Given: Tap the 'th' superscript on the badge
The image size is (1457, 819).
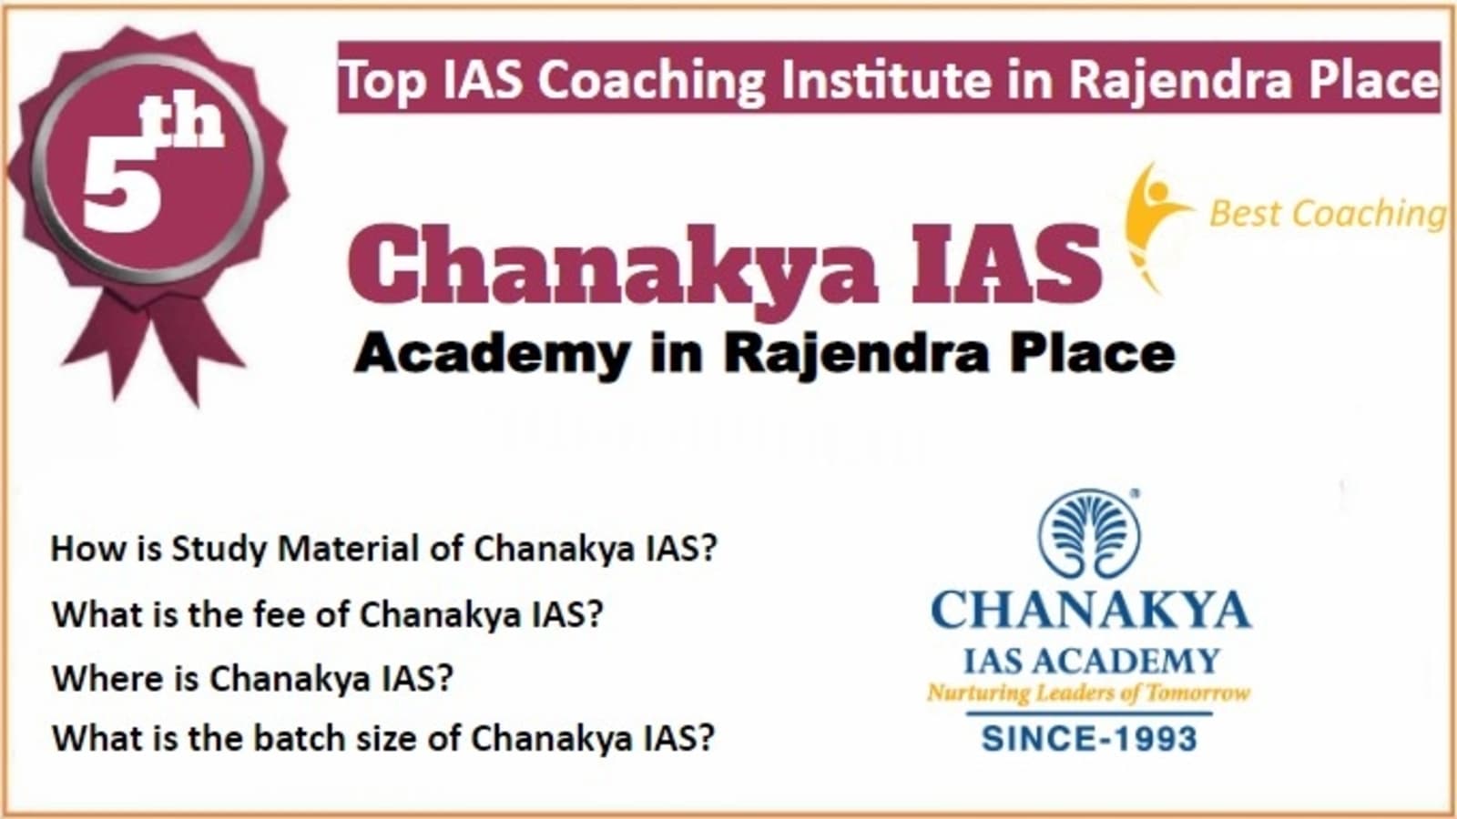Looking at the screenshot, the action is pos(182,124).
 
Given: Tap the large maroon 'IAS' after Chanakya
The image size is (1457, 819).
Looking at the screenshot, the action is pos(1006,264).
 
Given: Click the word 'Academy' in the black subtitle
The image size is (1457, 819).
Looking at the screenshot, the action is pos(492,356).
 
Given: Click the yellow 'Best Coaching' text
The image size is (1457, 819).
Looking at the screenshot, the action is pos(1327,214).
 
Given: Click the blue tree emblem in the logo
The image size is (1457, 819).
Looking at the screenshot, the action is pos(1089,533).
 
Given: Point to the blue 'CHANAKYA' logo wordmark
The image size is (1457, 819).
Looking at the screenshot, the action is pos(1091,611).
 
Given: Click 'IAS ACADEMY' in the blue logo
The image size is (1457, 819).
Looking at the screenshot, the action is pos(1092,662).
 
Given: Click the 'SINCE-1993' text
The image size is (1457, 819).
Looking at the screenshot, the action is pos(1089,739).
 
